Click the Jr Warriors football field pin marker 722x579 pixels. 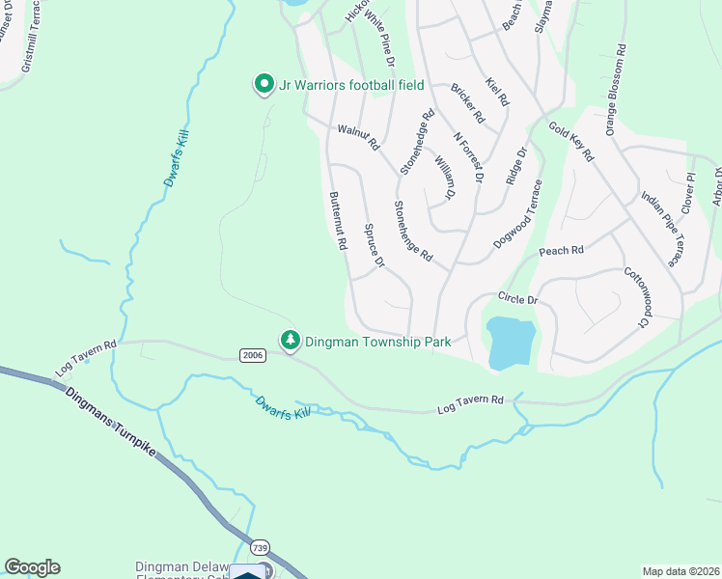[x=263, y=85]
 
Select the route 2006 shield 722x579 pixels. [x=252, y=356]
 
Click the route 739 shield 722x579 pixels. [x=260, y=547]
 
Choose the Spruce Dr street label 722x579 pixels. [x=375, y=246]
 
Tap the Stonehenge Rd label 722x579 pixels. [x=412, y=234]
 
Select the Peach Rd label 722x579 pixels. [x=562, y=250]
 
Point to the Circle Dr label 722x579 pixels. [x=516, y=298]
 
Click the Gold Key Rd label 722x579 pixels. [x=570, y=141]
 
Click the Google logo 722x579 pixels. [x=32, y=567]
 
